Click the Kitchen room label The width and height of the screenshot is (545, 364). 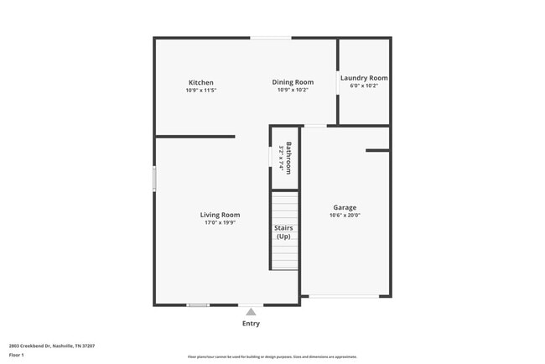[x=200, y=82]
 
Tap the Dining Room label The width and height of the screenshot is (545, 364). [x=293, y=82]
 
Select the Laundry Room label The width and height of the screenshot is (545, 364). [x=364, y=78]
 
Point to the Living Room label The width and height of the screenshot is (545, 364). [x=220, y=215]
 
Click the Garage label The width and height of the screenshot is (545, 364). [x=345, y=207]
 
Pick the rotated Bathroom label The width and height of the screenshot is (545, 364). [x=288, y=158]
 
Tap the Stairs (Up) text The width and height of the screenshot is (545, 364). [x=284, y=231]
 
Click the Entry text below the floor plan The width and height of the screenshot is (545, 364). [x=251, y=324]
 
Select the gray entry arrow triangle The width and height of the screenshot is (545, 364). [x=251, y=312]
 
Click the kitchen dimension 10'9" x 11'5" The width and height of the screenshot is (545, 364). [x=200, y=91]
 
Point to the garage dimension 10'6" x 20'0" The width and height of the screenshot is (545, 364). [x=345, y=216]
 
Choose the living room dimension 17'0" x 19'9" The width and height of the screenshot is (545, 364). [x=220, y=223]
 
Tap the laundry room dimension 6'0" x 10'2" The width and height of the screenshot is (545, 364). [x=364, y=86]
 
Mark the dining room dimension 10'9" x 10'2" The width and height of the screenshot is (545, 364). [x=293, y=91]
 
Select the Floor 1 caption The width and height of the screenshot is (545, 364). [x=17, y=355]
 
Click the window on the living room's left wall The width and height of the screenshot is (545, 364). [x=154, y=179]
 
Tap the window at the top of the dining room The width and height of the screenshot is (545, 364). [x=271, y=38]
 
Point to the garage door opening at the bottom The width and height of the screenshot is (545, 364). [x=345, y=295]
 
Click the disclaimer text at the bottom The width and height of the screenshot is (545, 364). [x=272, y=356]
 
